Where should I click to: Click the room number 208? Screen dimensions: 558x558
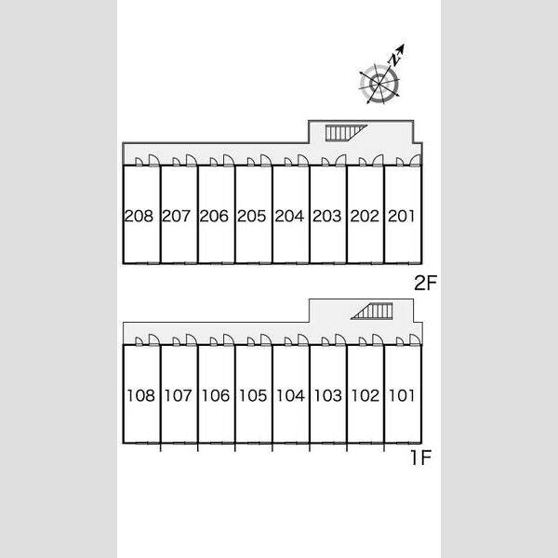(x=139, y=216)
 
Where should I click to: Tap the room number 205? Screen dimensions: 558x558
(x=252, y=216)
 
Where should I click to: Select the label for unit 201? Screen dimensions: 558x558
(x=402, y=216)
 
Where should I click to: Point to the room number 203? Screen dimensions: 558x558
(x=327, y=216)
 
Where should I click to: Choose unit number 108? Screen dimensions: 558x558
(x=141, y=396)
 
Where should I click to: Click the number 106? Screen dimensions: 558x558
(x=216, y=396)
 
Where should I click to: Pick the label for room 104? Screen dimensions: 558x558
(x=291, y=396)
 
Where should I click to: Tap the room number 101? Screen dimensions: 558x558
(x=402, y=396)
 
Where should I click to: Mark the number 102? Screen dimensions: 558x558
(x=365, y=396)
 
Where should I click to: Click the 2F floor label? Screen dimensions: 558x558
(x=425, y=283)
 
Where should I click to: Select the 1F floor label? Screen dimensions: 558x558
(x=421, y=458)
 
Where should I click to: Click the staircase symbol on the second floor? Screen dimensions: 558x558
(x=346, y=133)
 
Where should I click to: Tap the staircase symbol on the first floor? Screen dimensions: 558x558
(x=372, y=311)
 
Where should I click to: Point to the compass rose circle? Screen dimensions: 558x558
(x=379, y=85)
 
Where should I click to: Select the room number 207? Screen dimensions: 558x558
(x=176, y=216)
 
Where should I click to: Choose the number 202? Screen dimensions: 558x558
(x=365, y=216)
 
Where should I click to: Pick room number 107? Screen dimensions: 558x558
(x=179, y=396)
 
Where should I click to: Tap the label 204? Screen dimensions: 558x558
(x=289, y=216)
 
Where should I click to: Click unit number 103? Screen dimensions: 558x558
(x=328, y=396)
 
